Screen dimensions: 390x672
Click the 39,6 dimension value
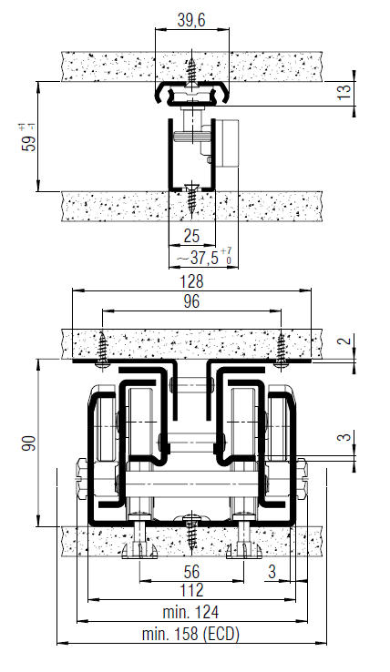(191, 20)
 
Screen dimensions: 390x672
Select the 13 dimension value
(344, 92)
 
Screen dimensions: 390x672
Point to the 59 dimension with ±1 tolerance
(28, 137)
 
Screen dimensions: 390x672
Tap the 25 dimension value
(191, 236)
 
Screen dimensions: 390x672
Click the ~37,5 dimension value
(204, 257)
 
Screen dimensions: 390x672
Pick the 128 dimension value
(191, 281)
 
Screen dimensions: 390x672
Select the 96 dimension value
(191, 301)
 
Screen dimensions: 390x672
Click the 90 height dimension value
(29, 443)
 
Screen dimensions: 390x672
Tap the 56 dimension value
(191, 572)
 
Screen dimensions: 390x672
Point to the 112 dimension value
(191, 591)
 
